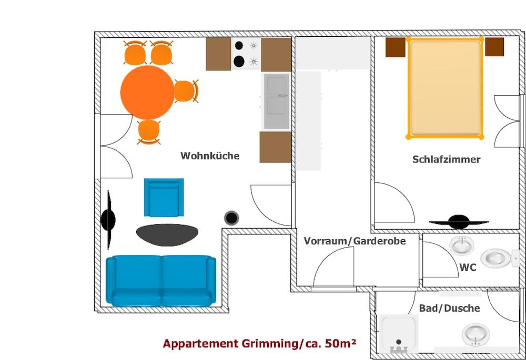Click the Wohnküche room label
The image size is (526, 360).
pos(210,156)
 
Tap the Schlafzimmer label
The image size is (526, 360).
pos(446,159)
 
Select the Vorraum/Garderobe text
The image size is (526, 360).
pos(355,241)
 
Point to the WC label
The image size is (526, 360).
pos(468,268)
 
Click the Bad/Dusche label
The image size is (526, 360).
pos(449,308)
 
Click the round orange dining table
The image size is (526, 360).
pos(147,92)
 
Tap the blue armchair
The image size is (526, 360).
pos(164,198)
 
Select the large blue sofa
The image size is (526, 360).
pos(160,281)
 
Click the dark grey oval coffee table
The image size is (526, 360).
pos(167,234)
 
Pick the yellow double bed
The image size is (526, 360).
pos(445,88)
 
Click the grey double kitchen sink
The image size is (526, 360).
pos(277,101)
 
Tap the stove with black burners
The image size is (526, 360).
pos(246,54)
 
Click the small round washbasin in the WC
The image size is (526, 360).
pos(461,245)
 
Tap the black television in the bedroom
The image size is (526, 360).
pos(459,222)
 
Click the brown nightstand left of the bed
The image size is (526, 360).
pos(395,47)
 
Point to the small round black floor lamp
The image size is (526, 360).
pos(231,218)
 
